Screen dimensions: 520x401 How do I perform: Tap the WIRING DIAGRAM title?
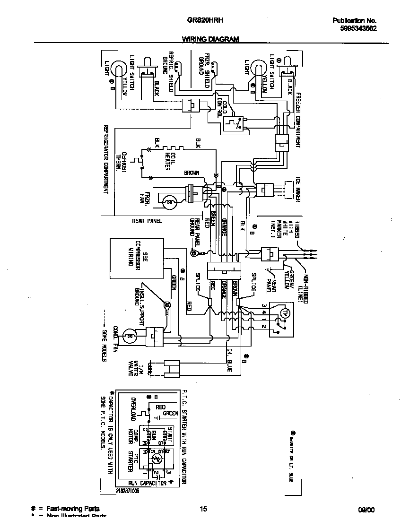pos(210,39)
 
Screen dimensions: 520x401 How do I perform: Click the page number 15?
pos(203,509)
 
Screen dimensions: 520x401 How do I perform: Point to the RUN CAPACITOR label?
pos(148,483)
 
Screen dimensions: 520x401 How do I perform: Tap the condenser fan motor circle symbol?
pos(128,336)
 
